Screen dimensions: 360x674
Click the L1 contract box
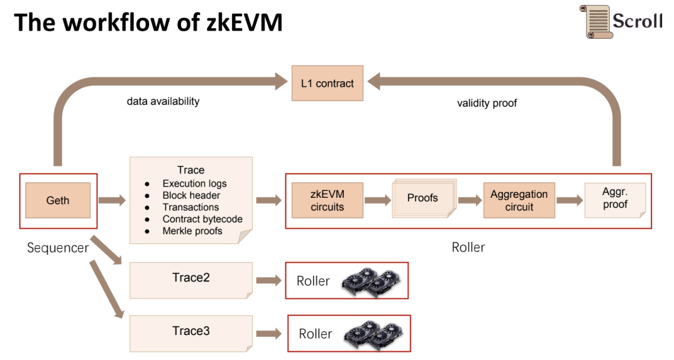327,83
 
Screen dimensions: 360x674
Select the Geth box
58,200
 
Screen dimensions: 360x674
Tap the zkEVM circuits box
327,200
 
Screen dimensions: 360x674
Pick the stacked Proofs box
422,198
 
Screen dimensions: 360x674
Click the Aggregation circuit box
519,200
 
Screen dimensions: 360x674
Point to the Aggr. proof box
615,200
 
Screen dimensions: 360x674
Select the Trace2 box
191,279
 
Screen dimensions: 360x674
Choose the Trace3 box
191,332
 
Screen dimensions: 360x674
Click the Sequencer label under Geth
58,248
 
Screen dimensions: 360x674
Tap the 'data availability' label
163,100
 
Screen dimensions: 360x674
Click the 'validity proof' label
487,103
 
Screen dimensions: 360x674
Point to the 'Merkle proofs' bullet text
192,231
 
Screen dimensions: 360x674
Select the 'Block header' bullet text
191,195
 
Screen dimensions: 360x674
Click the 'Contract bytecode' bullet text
202,219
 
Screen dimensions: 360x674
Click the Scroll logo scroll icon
594,21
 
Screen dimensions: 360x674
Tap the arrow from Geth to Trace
112,200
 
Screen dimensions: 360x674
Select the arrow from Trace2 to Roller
269,280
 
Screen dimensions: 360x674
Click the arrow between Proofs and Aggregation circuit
470,200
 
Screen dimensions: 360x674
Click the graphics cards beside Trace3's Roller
373,334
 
